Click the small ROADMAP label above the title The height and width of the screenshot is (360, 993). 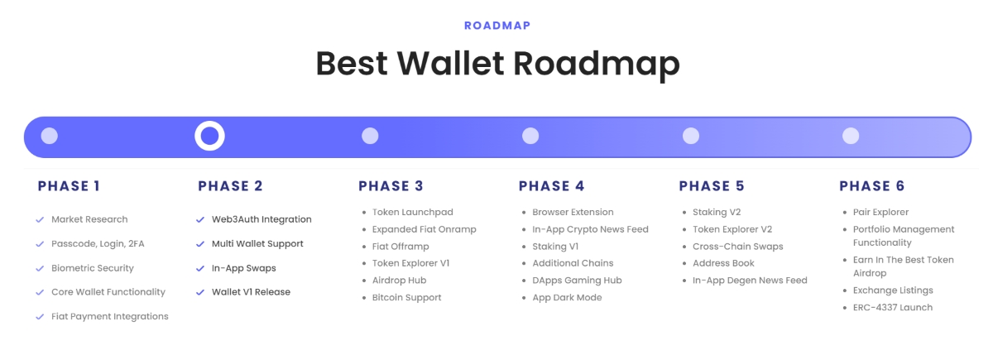point(497,26)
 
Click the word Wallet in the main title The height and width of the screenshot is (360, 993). point(450,64)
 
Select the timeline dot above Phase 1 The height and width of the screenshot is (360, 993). point(49,136)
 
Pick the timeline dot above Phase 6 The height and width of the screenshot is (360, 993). point(851,136)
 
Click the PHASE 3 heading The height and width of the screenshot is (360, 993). point(391,186)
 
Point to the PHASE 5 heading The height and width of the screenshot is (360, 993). point(712,186)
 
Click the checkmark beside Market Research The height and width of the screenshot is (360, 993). point(40,220)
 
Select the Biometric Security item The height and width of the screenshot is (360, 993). point(92,268)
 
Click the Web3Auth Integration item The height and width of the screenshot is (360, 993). point(261,219)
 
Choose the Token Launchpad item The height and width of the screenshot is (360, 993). point(412,213)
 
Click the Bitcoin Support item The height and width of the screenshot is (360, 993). point(406,297)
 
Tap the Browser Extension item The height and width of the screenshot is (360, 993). point(573,213)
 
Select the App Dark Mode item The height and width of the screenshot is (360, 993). point(567,297)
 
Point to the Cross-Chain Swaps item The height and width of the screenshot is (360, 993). point(737,247)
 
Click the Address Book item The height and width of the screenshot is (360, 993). point(723,263)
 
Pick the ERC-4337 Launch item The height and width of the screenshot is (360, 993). point(893,308)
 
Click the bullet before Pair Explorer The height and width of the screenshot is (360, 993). point(845,213)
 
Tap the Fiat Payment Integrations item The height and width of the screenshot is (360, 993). point(110,316)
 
